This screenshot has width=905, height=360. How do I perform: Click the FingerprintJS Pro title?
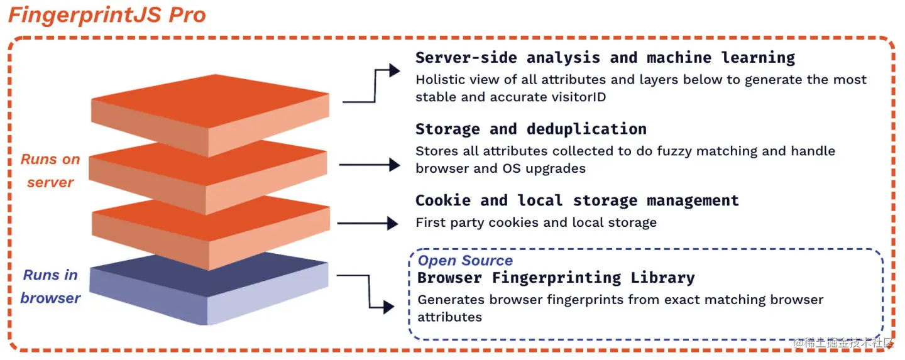[107, 15]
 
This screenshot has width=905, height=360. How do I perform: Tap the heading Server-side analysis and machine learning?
[605, 58]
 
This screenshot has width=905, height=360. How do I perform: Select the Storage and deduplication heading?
[530, 129]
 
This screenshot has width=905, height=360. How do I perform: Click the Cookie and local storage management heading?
[576, 201]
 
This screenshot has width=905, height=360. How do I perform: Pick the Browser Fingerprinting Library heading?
[556, 278]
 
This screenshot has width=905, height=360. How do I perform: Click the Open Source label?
[465, 261]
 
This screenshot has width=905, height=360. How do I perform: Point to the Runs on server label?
[50, 171]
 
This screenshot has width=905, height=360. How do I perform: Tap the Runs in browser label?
[50, 286]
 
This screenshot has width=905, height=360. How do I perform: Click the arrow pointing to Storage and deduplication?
[370, 165]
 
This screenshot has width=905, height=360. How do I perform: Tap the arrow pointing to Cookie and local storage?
[368, 223]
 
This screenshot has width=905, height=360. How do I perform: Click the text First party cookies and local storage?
[536, 222]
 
